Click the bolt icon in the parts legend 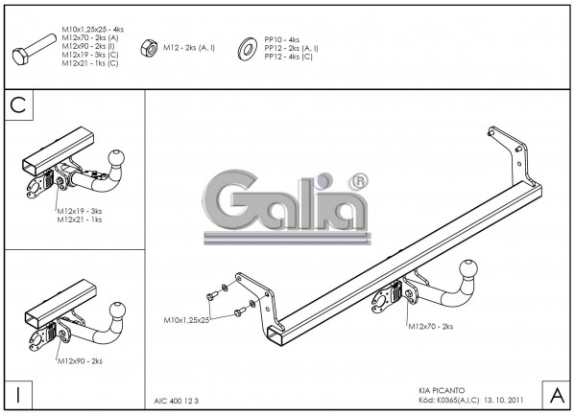point(35,50)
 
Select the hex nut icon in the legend point(149,48)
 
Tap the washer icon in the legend point(247,49)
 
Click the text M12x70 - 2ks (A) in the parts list point(90,37)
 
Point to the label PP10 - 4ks point(281,40)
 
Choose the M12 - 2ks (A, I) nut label point(189,48)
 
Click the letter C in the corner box point(18,105)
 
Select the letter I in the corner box point(18,395)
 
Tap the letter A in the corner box point(558,395)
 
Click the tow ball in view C point(116,158)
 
